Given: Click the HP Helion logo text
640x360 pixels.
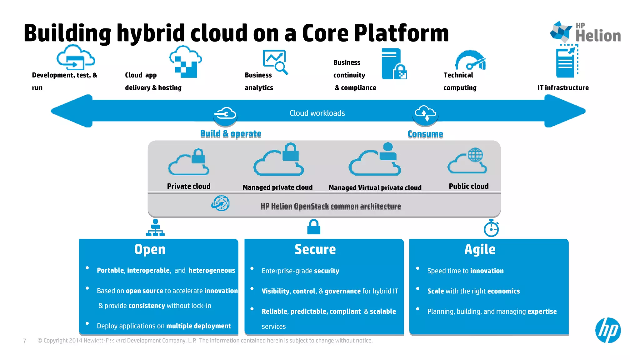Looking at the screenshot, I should [597, 34].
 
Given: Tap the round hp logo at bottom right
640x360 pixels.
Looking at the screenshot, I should [608, 330].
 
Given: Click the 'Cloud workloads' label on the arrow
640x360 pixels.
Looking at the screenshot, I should [317, 113].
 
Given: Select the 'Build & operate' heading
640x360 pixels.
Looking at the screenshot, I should [231, 134].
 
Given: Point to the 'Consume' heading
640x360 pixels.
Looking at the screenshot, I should [425, 134].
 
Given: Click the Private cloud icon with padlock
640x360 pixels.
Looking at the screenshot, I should [188, 162].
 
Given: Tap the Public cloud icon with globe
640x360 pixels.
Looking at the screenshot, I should [467, 161].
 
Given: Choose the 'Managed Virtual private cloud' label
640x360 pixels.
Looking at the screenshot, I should [375, 187].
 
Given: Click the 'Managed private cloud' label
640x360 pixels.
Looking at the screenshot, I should [277, 187].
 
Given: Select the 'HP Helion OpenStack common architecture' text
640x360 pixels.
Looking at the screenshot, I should [330, 206].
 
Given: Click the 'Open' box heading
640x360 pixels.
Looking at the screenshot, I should [150, 249].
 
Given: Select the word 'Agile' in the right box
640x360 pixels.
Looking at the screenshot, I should [480, 249].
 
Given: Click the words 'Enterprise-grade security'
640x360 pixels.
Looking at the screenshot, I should [300, 271].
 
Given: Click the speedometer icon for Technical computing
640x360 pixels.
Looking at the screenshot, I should [470, 61].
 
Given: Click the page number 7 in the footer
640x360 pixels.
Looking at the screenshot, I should [25, 341].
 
